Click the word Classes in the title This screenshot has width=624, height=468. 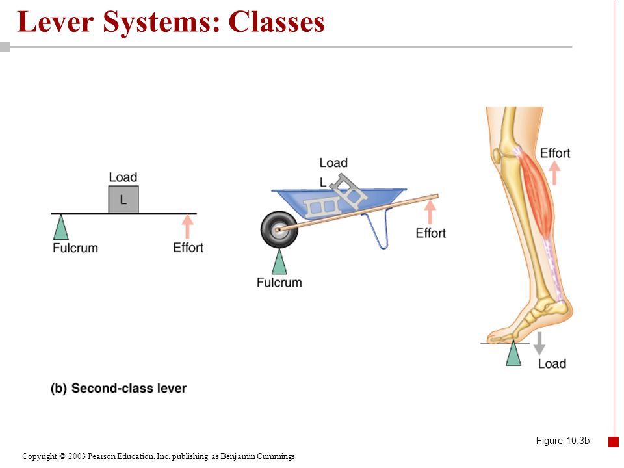click(x=276, y=22)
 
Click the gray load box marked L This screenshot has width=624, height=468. click(x=123, y=200)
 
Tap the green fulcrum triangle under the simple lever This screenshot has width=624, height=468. click(x=60, y=227)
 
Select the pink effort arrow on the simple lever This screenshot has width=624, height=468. click(x=187, y=227)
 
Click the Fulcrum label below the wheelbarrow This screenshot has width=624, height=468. click(x=279, y=283)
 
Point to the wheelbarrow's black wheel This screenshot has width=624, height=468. click(x=279, y=229)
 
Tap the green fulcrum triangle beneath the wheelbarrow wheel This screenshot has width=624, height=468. click(x=279, y=261)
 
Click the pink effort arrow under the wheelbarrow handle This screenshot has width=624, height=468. click(x=430, y=212)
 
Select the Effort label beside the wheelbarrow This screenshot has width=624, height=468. click(x=430, y=233)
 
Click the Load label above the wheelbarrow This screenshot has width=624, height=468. click(x=333, y=162)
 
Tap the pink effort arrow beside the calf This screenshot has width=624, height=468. click(x=554, y=174)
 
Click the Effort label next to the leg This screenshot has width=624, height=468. click(x=555, y=153)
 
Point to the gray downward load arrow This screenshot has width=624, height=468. click(x=539, y=343)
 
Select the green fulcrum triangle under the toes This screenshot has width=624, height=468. click(x=513, y=353)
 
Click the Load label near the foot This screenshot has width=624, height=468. click(x=552, y=364)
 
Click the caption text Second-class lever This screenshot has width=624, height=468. click(x=129, y=389)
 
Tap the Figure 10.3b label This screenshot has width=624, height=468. click(x=563, y=441)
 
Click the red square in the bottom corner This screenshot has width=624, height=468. click(x=613, y=442)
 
